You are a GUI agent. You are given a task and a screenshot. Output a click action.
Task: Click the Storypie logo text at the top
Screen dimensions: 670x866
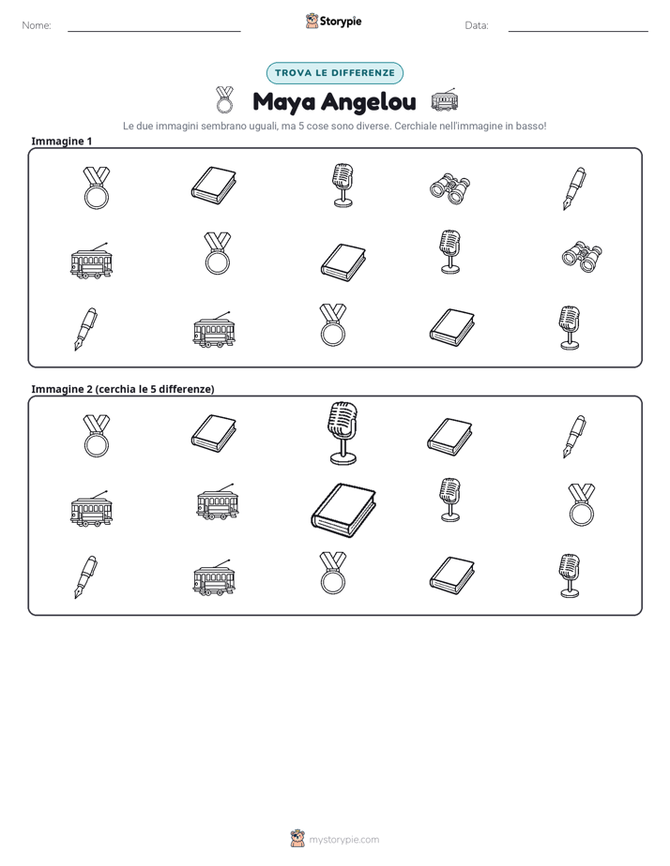pos(341,22)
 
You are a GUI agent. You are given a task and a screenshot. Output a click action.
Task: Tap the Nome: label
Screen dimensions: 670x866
pos(37,25)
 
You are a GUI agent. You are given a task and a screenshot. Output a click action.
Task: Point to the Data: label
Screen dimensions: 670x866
pos(477,25)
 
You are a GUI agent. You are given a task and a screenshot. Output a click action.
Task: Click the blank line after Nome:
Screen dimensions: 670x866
pos(154,31)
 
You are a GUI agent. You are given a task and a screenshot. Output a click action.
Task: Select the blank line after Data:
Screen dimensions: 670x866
pos(578,31)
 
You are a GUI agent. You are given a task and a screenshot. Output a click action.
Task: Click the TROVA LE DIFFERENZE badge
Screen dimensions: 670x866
pos(335,73)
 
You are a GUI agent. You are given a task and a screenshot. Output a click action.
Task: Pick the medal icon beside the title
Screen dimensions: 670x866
pos(224,99)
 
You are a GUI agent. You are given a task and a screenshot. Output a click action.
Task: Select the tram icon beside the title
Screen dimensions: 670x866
pos(445,100)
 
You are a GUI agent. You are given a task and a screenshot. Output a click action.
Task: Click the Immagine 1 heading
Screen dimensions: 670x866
pos(61,141)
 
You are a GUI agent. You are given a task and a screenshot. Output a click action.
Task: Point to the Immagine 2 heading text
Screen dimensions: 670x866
pos(123,389)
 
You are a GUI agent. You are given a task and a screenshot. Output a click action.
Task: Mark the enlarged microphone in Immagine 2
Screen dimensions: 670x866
pos(343,433)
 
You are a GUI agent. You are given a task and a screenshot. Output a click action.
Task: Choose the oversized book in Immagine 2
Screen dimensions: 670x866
pos(343,510)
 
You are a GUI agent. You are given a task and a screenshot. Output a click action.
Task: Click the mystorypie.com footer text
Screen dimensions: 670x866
pos(343,840)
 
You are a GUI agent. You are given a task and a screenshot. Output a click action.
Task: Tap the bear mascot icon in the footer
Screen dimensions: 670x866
pos(297,839)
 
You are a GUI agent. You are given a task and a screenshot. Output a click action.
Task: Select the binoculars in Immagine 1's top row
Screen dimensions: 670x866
pos(450,188)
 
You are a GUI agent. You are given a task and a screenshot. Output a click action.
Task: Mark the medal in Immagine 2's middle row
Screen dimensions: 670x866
pos(582,503)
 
